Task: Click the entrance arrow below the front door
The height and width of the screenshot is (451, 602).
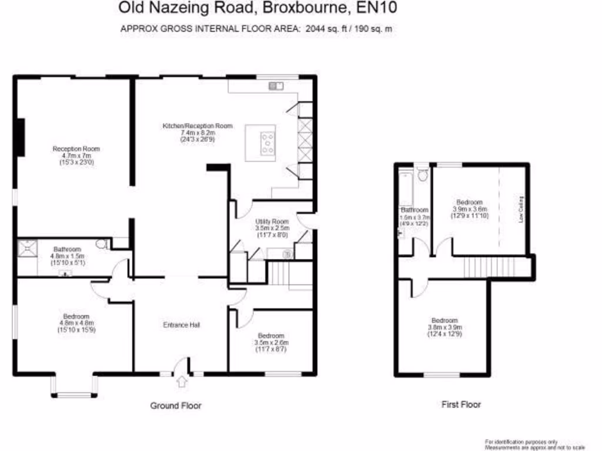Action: tap(181, 382)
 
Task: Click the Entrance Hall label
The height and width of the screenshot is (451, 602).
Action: tap(181, 325)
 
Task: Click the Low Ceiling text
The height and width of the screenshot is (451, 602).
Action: tap(521, 210)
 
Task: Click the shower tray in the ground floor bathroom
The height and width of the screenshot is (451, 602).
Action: tap(27, 250)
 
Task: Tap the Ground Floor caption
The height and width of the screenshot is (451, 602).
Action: tap(176, 406)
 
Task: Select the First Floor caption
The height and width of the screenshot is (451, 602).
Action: tap(461, 405)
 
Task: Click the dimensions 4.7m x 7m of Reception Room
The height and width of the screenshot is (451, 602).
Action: tap(73, 156)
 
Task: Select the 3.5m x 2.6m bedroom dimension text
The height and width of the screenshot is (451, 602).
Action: tap(271, 343)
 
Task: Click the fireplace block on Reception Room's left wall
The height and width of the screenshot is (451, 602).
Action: tap(21, 137)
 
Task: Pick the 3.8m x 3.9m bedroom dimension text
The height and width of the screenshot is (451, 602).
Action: tap(445, 328)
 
